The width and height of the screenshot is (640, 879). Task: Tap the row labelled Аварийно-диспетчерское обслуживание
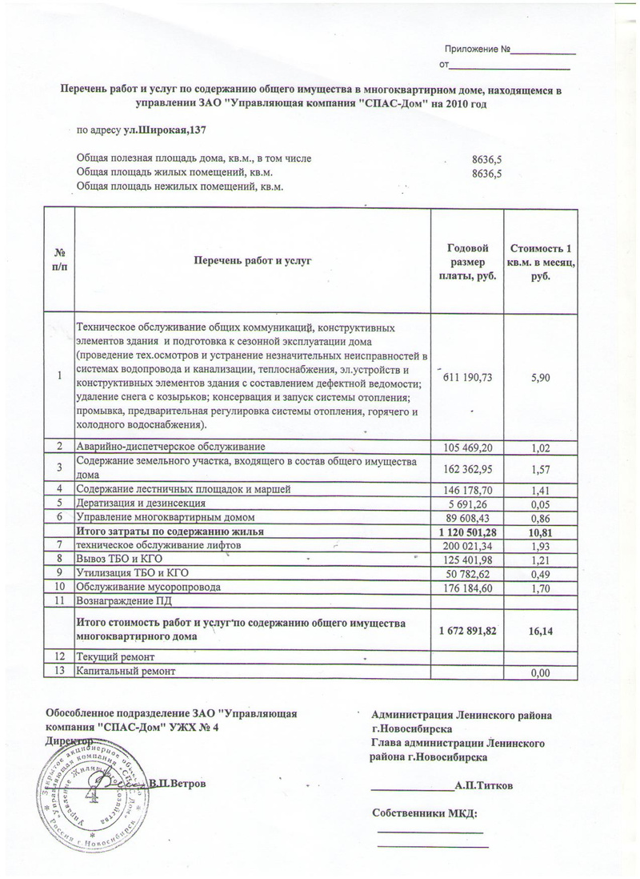[170, 445]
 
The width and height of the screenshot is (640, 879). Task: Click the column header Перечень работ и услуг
[251, 260]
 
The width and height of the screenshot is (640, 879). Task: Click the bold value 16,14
[540, 632]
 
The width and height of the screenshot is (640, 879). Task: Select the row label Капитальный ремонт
[125, 670]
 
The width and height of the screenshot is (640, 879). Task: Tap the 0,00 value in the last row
[541, 673]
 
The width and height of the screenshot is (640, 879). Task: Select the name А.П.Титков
[483, 785]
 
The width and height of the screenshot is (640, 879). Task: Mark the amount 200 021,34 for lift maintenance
[466, 545]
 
